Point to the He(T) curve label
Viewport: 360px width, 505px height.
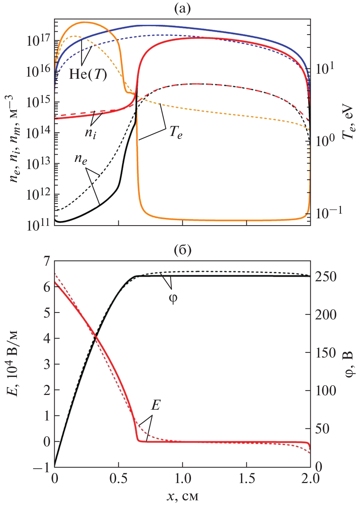point(88,74)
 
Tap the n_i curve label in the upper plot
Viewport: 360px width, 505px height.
point(90,133)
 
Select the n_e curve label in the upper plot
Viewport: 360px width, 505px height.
point(81,159)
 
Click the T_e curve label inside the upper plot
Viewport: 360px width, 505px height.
point(176,132)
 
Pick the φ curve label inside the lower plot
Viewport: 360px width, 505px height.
point(173,298)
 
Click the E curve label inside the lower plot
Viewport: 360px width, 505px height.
point(155,405)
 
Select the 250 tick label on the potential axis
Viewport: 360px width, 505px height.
point(326,277)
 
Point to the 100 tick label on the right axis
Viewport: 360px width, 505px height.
point(326,391)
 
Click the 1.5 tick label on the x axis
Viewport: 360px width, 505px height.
point(247,479)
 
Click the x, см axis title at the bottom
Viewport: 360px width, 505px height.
point(182,497)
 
